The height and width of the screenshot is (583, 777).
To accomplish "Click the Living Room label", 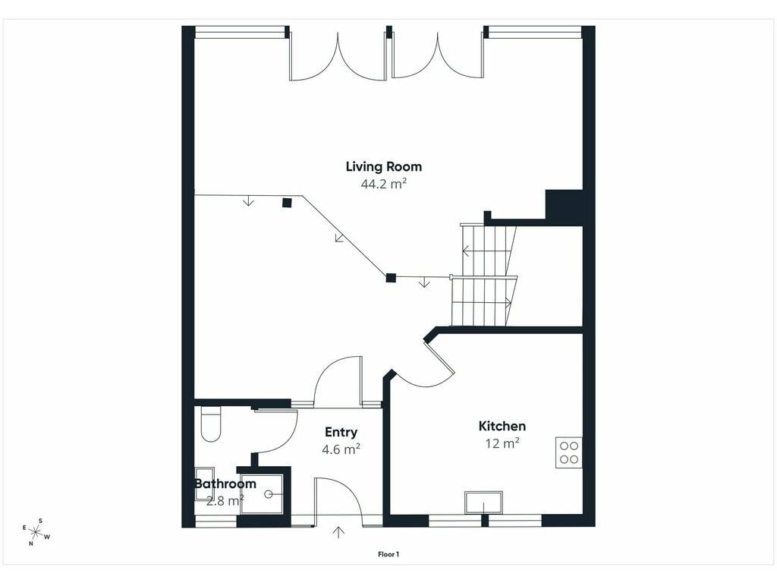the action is (383, 166).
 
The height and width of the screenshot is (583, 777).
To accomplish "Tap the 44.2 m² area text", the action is (383, 184).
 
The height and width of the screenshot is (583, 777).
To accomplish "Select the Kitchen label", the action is (502, 426).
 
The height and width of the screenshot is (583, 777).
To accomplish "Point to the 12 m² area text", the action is (502, 443).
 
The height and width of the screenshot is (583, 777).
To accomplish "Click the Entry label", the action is (341, 432).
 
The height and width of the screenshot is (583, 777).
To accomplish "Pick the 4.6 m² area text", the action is (341, 449).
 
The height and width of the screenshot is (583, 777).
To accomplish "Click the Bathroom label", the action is (225, 484).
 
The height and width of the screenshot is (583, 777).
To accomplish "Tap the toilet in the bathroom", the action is (211, 424).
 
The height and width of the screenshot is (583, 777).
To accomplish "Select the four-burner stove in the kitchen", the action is (568, 452).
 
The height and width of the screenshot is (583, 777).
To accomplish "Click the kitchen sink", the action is (483, 503).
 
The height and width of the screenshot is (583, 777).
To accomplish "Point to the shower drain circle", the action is (269, 494).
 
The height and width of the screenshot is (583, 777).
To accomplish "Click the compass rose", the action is (36, 532).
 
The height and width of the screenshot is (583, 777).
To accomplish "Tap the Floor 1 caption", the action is (388, 554).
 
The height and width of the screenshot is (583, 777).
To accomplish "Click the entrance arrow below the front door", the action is (339, 532).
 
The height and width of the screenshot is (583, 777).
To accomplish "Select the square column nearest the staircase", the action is (391, 278).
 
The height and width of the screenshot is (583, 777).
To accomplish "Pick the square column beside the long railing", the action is (286, 202).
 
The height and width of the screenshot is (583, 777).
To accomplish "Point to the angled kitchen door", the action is (439, 355).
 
